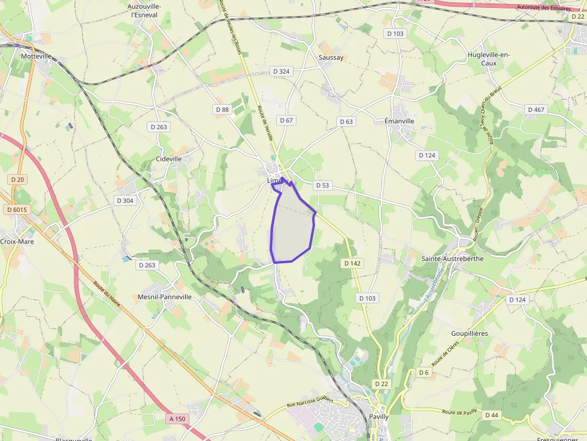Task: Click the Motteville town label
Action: point(37,56)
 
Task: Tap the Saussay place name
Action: point(331,57)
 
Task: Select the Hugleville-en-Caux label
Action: point(488,59)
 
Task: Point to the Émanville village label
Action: point(399,120)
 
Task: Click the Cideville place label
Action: point(168,159)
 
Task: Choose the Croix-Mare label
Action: point(17,242)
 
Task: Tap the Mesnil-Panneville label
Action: point(165,296)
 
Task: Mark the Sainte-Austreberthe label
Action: point(453,258)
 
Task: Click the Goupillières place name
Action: point(469,333)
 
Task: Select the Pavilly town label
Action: point(379,416)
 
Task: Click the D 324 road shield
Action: point(281,71)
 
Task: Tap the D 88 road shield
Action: point(222,110)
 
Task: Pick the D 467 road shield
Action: point(535,110)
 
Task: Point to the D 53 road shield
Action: point(322,185)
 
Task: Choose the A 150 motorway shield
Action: point(177,419)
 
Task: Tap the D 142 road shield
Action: point(352,263)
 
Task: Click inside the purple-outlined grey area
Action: point(292,227)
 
